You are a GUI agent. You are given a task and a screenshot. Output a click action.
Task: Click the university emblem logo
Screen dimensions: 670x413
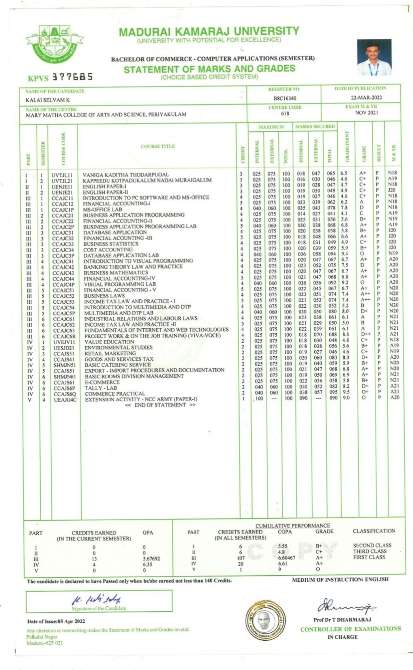coord(54,44)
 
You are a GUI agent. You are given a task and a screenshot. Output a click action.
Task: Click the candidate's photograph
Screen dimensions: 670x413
coord(374,57)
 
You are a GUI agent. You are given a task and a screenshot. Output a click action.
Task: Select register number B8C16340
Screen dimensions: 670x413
coord(285,98)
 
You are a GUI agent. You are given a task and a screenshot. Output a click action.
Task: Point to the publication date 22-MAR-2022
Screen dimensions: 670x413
coord(366,98)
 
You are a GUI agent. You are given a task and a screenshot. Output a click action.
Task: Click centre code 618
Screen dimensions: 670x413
coord(285,113)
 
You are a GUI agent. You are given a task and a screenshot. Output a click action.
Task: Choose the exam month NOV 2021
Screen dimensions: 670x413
coord(366,113)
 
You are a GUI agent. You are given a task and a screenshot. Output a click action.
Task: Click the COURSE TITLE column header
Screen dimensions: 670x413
coord(158,146)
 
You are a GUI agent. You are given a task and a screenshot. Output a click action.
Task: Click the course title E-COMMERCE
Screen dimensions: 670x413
coord(102,382)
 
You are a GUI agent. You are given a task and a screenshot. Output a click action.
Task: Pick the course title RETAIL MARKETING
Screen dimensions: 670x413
coord(110,353)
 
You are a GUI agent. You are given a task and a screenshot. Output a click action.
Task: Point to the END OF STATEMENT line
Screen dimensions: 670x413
coord(160,405)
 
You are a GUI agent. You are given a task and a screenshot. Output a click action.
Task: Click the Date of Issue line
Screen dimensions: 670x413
coord(56,621)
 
